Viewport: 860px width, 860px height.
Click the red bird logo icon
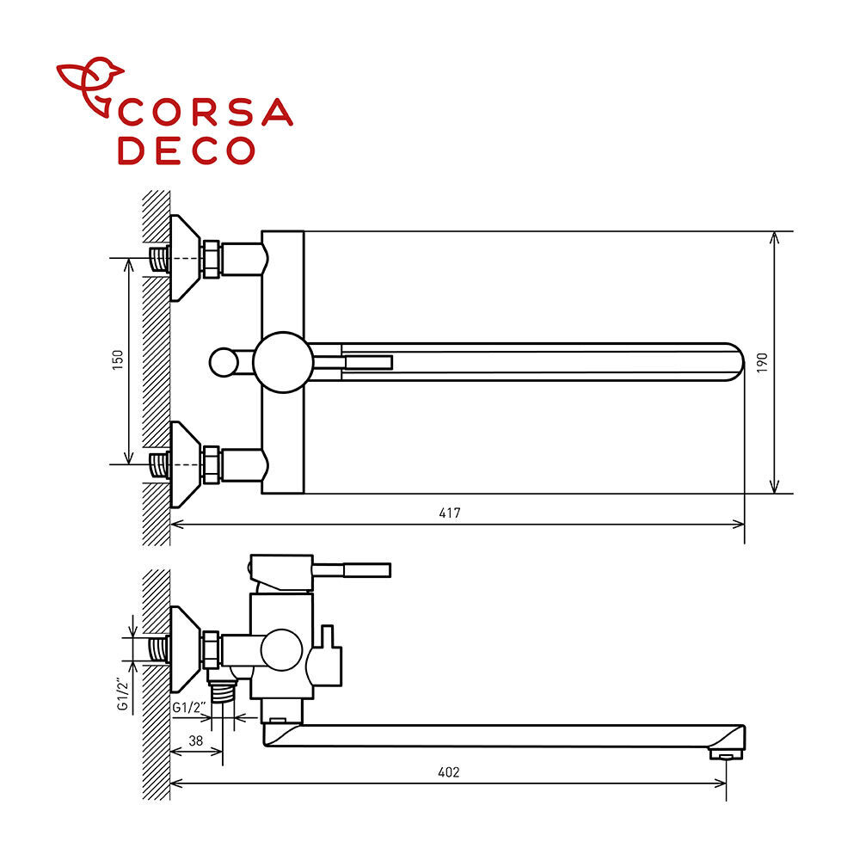(90, 86)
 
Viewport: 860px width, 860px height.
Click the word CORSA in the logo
(206, 113)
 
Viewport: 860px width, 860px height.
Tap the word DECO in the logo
(187, 150)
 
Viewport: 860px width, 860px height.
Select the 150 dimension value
(118, 359)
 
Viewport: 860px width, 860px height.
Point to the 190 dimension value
(762, 363)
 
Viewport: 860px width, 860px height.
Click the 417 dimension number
(450, 513)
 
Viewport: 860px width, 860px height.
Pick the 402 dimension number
(449, 772)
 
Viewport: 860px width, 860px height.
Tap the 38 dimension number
(196, 741)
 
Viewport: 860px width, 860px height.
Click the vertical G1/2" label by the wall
(123, 694)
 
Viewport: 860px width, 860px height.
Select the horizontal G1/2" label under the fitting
(189, 708)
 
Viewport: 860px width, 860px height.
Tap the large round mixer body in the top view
(283, 362)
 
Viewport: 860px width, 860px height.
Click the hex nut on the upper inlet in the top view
(212, 258)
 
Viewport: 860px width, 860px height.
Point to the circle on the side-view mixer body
(281, 650)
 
